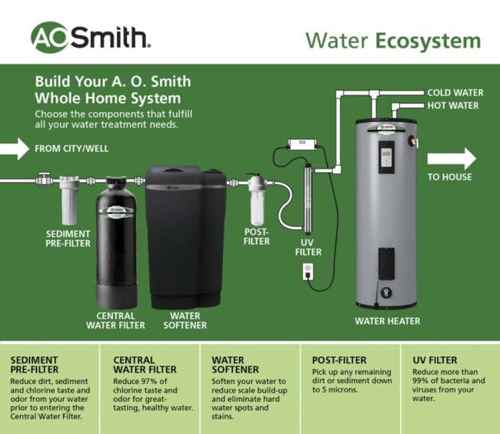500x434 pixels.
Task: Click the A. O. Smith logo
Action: click(x=90, y=36)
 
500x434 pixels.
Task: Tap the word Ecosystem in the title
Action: click(x=428, y=40)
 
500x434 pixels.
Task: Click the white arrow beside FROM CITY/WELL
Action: click(x=15, y=148)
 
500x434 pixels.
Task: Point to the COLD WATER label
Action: click(x=455, y=93)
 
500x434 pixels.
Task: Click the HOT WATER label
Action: click(x=453, y=105)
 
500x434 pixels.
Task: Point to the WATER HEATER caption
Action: click(x=387, y=320)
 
